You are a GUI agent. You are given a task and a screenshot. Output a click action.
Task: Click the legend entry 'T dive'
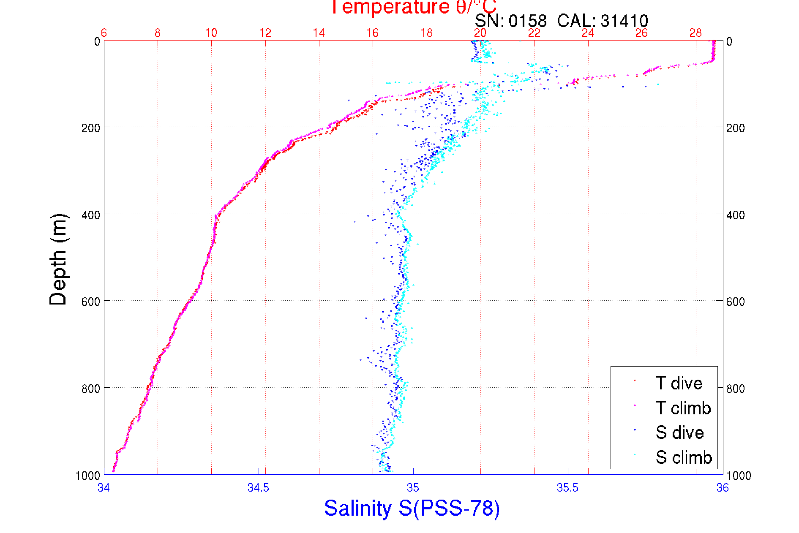679,383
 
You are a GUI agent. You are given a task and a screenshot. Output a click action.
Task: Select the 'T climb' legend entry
683,408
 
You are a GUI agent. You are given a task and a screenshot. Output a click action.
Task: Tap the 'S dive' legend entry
679,432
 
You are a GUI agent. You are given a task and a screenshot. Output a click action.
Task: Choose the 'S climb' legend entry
684,457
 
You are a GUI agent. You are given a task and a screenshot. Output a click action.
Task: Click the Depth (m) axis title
59,259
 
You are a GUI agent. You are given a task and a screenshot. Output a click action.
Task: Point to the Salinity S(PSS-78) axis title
412,508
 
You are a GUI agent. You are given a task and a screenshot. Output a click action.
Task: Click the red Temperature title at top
413,7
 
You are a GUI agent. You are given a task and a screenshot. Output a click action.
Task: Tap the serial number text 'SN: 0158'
510,21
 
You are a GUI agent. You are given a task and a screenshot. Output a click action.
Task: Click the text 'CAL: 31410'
603,21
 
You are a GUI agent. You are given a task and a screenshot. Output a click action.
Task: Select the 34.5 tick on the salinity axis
258,488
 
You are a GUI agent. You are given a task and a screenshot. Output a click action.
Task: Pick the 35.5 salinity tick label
567,488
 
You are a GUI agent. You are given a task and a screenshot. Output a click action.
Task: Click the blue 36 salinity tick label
723,488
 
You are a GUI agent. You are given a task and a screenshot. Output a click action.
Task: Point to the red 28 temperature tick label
695,33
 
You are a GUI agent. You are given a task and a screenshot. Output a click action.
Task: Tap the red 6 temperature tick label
104,33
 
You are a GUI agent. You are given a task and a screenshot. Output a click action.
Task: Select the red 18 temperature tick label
427,33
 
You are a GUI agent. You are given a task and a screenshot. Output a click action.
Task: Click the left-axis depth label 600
90,302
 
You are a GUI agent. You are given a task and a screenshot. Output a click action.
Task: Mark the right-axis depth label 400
735,215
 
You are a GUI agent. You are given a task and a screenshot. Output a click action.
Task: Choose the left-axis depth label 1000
88,476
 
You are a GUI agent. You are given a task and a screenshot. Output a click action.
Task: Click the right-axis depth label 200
735,128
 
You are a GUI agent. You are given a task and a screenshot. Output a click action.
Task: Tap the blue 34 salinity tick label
104,488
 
